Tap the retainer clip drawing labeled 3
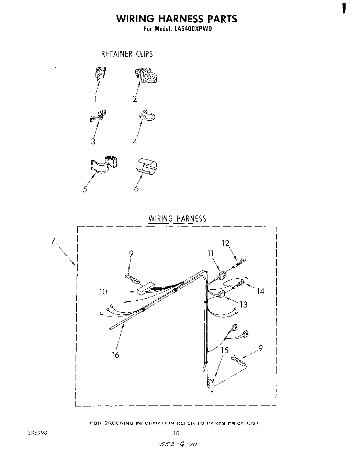coord(98,116)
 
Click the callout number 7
coord(53,241)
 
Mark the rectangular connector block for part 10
coord(145,289)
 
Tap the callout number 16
coord(115,355)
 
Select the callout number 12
coord(225,243)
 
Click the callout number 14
coord(260,291)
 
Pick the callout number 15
coord(225,350)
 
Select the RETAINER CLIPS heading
coord(127,54)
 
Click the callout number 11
coord(210,254)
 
